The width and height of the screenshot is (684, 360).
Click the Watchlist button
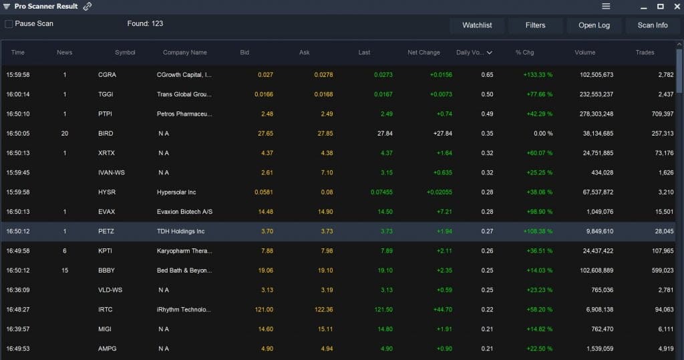pyautogui.click(x=477, y=25)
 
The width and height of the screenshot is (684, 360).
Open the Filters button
pyautogui.click(x=535, y=25)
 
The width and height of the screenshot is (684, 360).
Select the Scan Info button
pyautogui.click(x=653, y=25)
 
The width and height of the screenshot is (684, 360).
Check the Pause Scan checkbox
pyautogui.click(x=9, y=24)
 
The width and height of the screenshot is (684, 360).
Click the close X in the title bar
pyautogui.click(x=676, y=6)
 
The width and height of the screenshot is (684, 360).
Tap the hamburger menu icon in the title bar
pyautogui.click(x=606, y=6)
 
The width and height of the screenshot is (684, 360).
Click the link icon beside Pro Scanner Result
pyautogui.click(x=88, y=7)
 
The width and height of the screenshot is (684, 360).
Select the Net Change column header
pyautogui.click(x=423, y=52)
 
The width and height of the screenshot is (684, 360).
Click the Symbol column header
pyautogui.click(x=125, y=52)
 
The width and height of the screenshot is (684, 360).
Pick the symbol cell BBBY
pyautogui.click(x=106, y=271)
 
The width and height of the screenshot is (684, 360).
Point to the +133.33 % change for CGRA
pyautogui.click(x=538, y=75)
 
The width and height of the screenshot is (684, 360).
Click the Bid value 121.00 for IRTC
pyautogui.click(x=265, y=309)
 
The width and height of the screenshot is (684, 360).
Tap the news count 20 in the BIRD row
pyautogui.click(x=65, y=134)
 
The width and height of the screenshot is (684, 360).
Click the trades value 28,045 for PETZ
pyautogui.click(x=664, y=231)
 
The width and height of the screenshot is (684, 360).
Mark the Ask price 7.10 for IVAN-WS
pyautogui.click(x=325, y=172)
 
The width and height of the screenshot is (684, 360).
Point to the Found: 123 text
pyautogui.click(x=145, y=24)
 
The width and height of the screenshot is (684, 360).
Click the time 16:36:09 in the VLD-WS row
pyautogui.click(x=18, y=290)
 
